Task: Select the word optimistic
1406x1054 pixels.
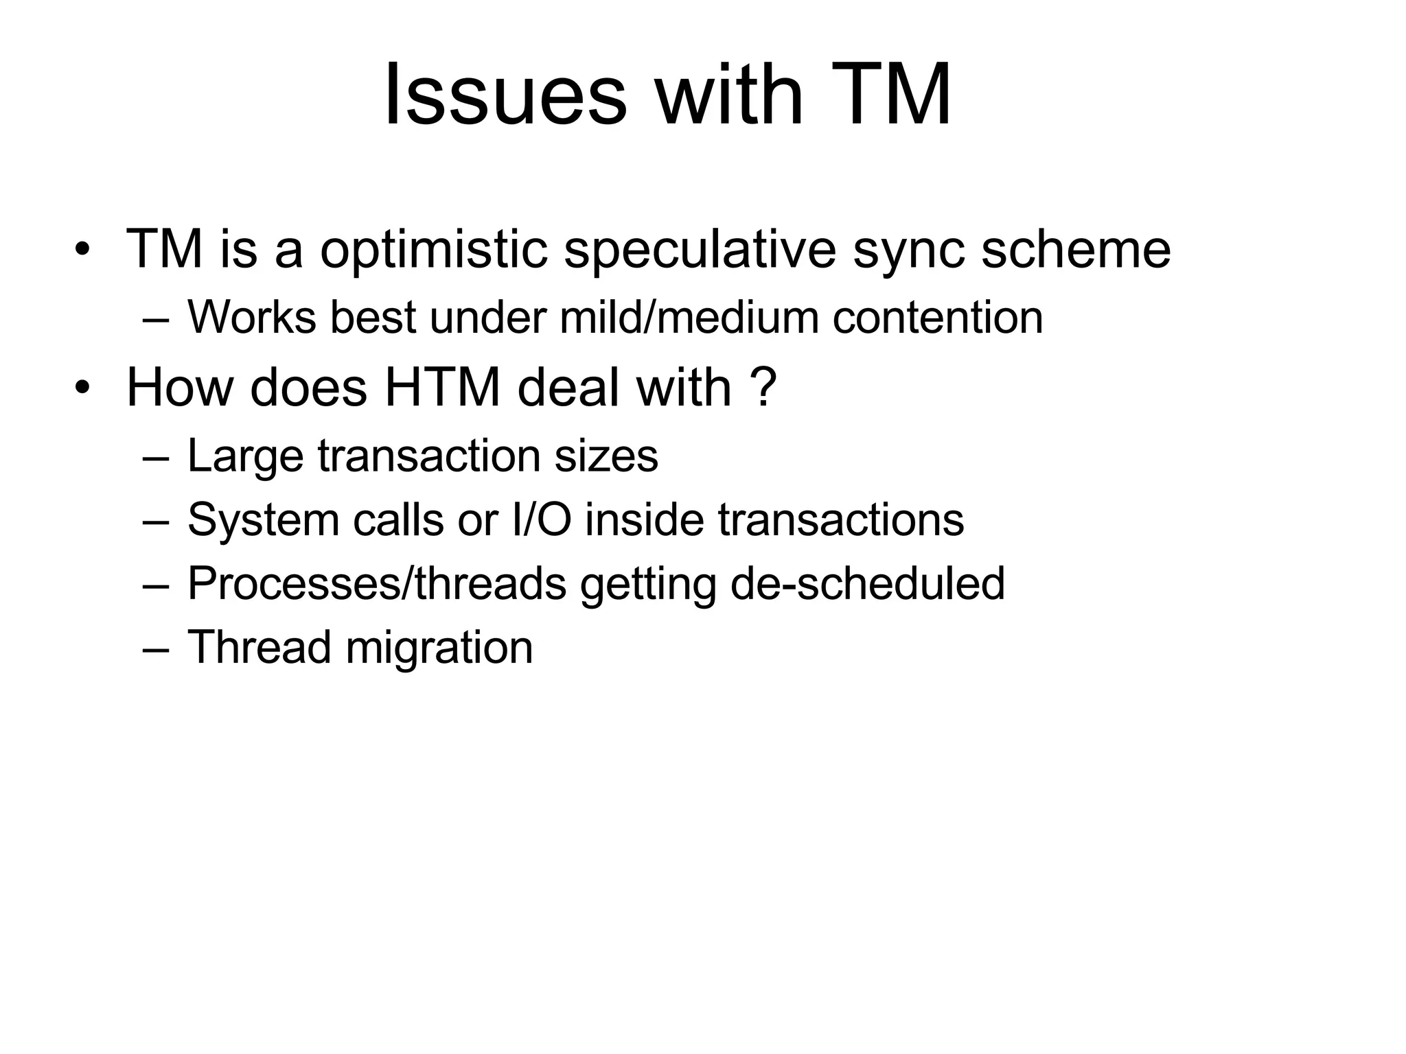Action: tap(433, 249)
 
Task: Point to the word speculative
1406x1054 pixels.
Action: tap(700, 249)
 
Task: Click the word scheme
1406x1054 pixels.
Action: tap(1075, 249)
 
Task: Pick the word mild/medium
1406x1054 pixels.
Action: tap(689, 318)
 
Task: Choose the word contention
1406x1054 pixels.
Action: tap(937, 318)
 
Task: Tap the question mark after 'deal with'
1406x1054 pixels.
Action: tap(763, 388)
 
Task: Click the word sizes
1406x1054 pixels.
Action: tap(606, 457)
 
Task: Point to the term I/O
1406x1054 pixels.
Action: tap(542, 519)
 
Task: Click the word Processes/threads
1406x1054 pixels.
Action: tap(377, 583)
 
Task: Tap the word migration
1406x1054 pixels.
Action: tap(439, 648)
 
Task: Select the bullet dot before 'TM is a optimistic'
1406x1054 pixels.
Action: tap(82, 250)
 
